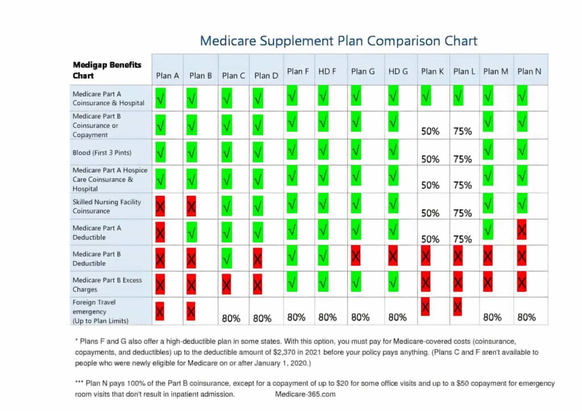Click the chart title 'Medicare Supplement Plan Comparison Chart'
click(x=339, y=41)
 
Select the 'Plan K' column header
click(x=433, y=72)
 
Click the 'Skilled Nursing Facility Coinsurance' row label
click(x=106, y=206)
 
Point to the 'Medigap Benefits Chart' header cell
click(x=107, y=70)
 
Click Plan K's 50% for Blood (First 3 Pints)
click(x=430, y=160)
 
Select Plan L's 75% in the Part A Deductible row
click(x=463, y=239)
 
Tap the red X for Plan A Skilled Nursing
click(x=160, y=207)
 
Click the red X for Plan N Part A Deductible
click(x=522, y=231)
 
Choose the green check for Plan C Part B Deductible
click(x=227, y=259)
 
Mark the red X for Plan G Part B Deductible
click(x=356, y=257)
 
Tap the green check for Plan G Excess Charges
click(x=356, y=282)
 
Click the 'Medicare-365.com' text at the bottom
click(x=305, y=394)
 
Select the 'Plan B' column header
click(x=201, y=76)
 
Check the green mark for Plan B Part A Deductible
click(x=192, y=232)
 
